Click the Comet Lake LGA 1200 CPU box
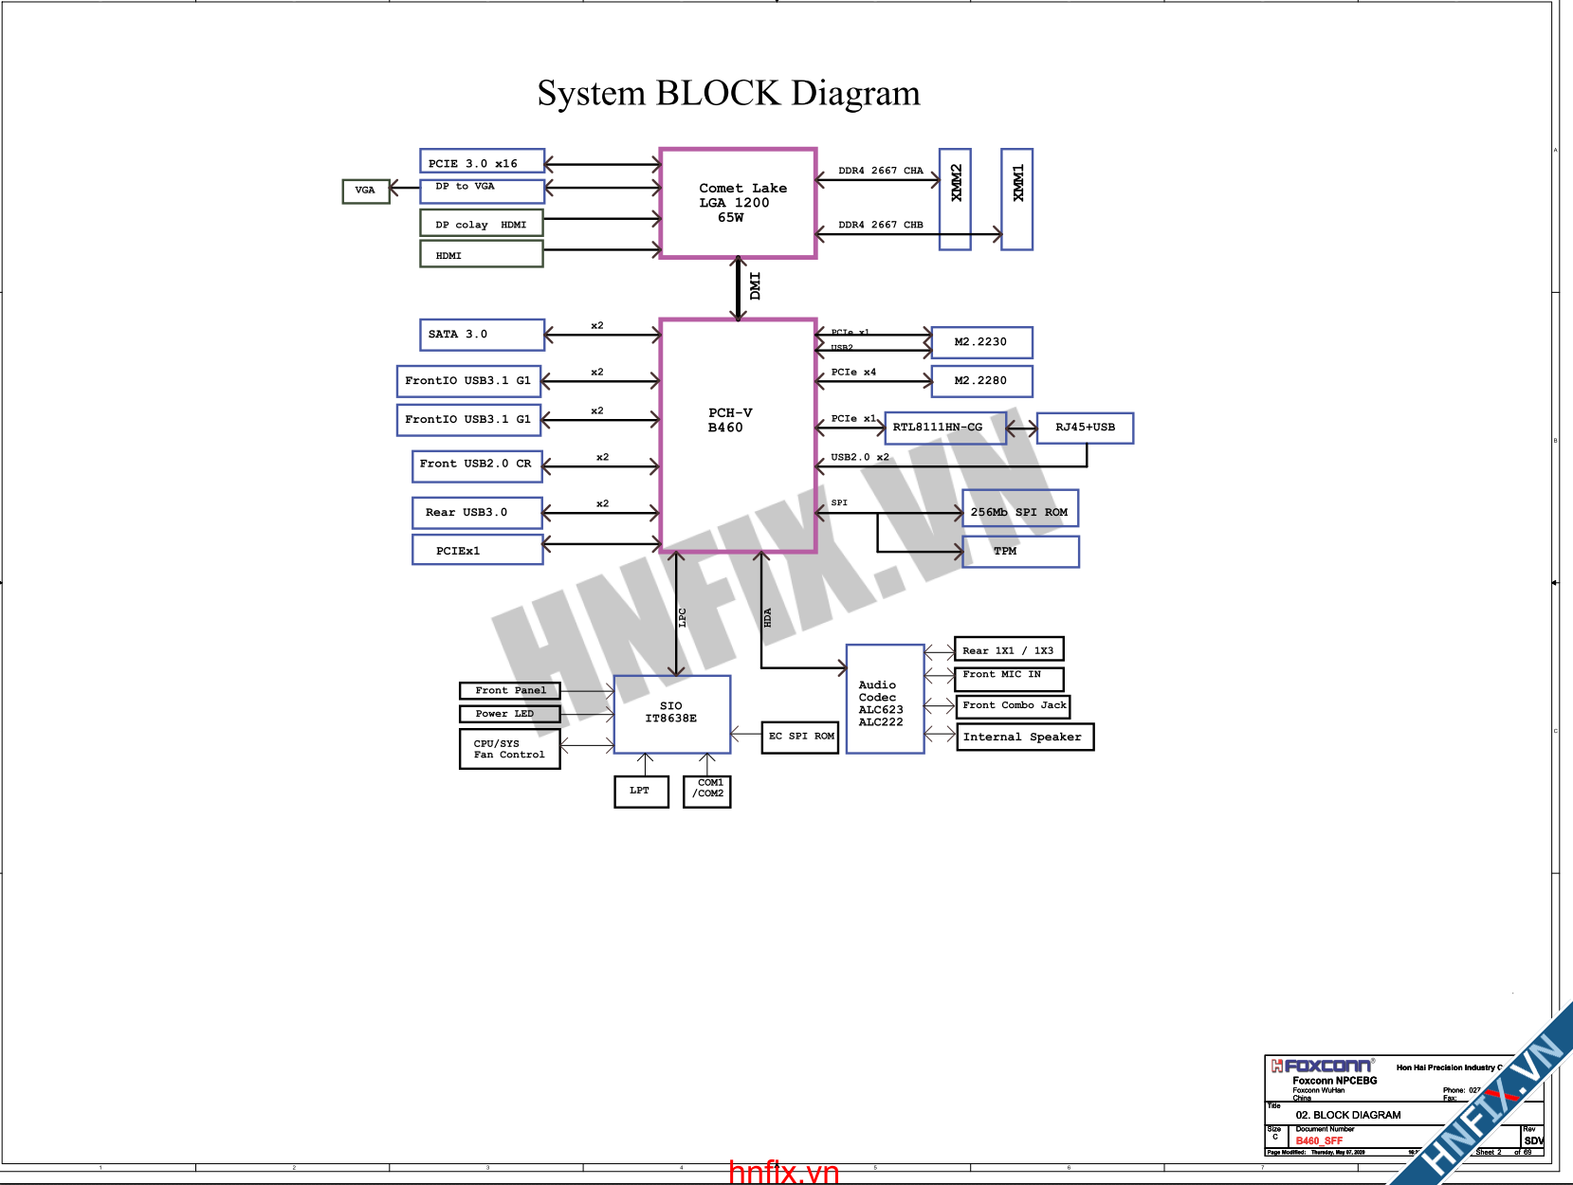(738, 203)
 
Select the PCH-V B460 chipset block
(738, 435)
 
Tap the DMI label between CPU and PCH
(755, 286)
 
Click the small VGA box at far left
(366, 191)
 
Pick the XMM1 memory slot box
(1017, 199)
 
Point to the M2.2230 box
(981, 342)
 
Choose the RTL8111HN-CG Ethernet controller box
(944, 428)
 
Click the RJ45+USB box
(1086, 428)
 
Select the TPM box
(1020, 552)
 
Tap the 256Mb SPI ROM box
(1020, 509)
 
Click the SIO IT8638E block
(672, 714)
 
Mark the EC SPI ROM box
(801, 737)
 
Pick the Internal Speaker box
(1025, 737)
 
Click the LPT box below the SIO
(641, 791)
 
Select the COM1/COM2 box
(707, 791)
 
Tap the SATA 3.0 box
(482, 335)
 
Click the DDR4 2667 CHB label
(880, 226)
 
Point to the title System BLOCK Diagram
(728, 94)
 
